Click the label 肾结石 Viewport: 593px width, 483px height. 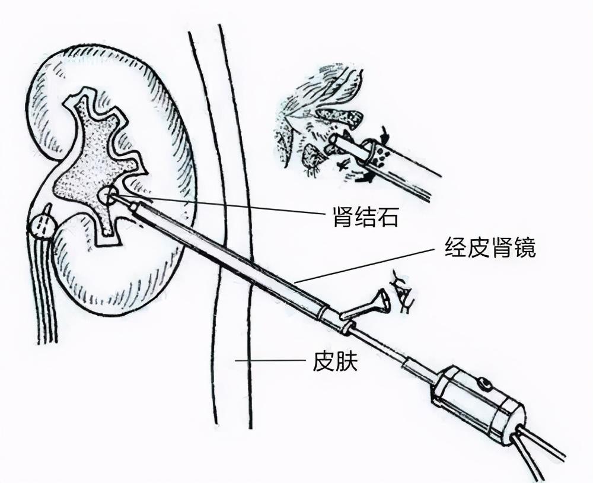(x=365, y=215)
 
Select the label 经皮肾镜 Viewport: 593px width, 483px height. (x=490, y=247)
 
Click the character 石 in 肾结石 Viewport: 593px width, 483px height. (x=387, y=215)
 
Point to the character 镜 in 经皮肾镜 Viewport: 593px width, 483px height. (x=525, y=247)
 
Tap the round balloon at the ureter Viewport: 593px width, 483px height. (x=42, y=226)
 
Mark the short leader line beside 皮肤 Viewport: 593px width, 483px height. (x=270, y=361)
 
